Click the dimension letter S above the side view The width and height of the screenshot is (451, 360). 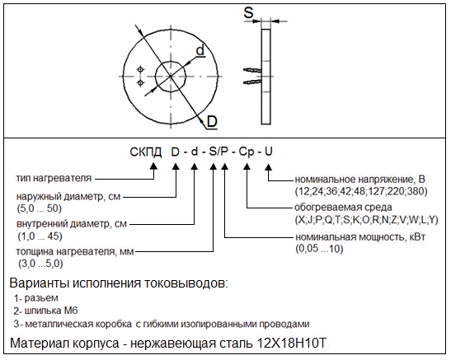point(248,12)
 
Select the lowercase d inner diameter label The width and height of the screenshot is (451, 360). point(200,50)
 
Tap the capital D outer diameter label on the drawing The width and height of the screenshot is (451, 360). point(212,122)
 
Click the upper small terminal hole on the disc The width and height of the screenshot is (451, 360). point(140,69)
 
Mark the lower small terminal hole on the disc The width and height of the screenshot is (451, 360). point(140,83)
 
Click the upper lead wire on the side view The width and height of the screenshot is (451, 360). point(252,70)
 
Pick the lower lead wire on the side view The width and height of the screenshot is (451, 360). point(252,82)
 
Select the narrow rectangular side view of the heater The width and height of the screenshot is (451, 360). point(266,77)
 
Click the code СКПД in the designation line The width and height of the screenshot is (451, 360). point(146,152)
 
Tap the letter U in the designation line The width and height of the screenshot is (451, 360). point(268,152)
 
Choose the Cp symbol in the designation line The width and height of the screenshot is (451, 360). point(247,152)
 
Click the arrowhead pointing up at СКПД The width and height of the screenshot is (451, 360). point(154,166)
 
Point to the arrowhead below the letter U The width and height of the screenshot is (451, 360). point(268,167)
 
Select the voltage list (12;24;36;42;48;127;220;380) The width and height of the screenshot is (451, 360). point(361,191)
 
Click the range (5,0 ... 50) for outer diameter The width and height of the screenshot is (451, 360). point(40,208)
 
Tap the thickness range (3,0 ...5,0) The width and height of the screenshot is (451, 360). point(40,264)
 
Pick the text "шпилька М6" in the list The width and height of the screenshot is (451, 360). point(51,311)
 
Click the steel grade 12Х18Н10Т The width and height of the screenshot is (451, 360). point(292,343)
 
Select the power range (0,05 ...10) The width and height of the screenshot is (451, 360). point(319,249)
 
